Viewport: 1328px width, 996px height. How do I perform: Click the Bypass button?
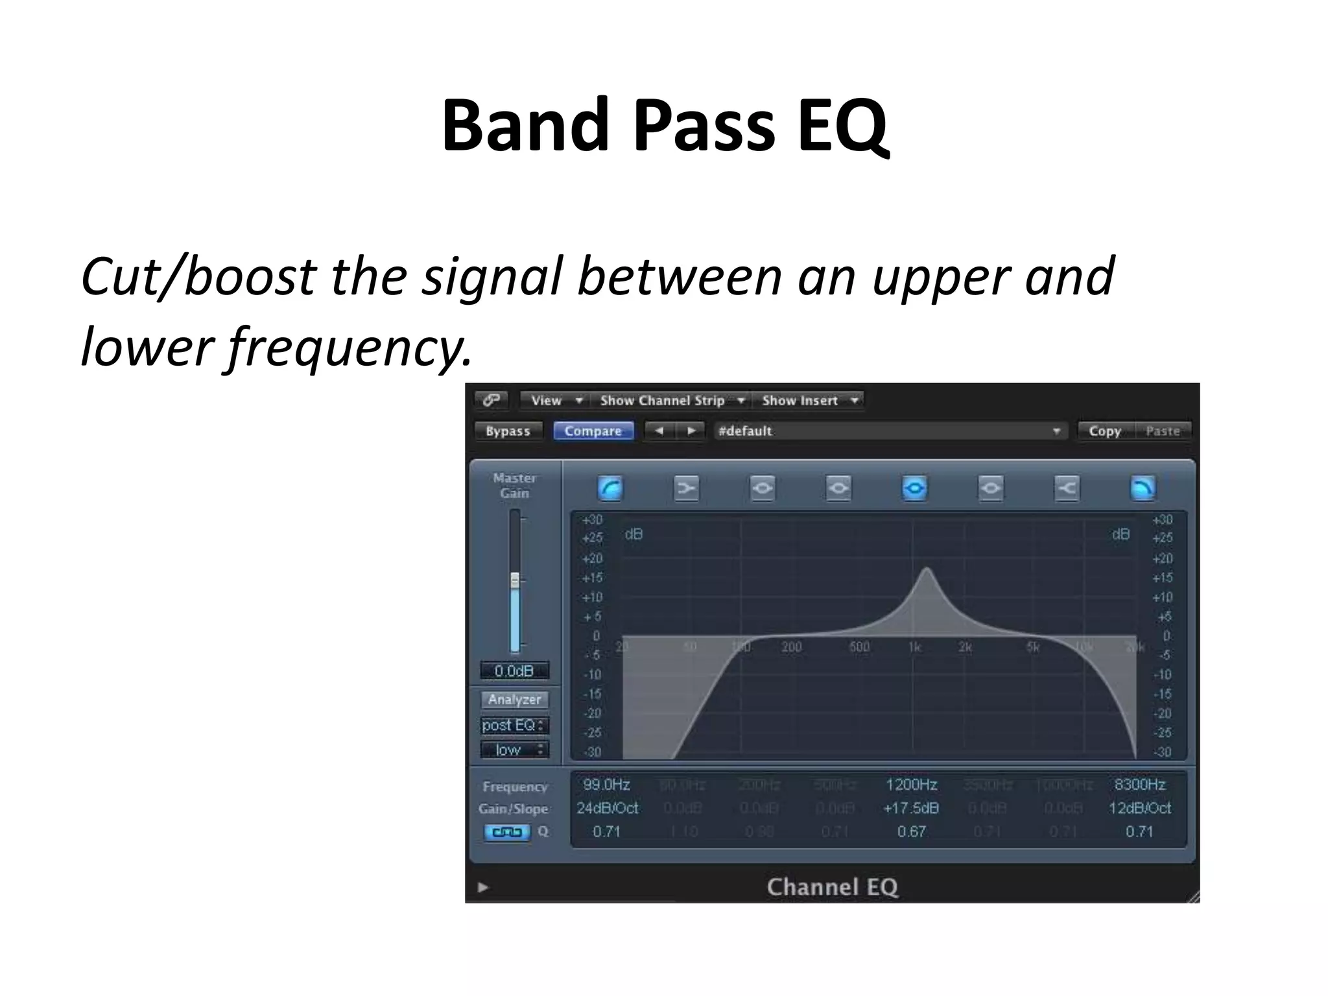tap(508, 431)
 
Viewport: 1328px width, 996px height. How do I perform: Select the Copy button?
tap(1104, 431)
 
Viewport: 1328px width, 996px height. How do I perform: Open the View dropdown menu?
tap(555, 401)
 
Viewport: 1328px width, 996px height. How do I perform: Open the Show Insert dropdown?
tap(808, 401)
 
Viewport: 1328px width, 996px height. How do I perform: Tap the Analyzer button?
tap(514, 700)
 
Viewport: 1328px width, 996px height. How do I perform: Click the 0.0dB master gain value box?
tap(514, 671)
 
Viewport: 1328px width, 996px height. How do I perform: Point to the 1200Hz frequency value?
tap(911, 785)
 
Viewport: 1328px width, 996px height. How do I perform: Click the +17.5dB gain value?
tap(911, 809)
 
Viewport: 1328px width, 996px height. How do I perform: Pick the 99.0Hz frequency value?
tap(606, 785)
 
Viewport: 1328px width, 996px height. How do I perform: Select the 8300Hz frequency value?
tap(1140, 785)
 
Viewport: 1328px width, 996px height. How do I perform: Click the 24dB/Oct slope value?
tap(607, 809)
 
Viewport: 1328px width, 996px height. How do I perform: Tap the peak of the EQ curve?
tap(927, 569)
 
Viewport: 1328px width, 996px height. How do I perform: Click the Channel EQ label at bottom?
tap(832, 887)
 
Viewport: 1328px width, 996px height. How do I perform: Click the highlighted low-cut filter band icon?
tap(610, 488)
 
